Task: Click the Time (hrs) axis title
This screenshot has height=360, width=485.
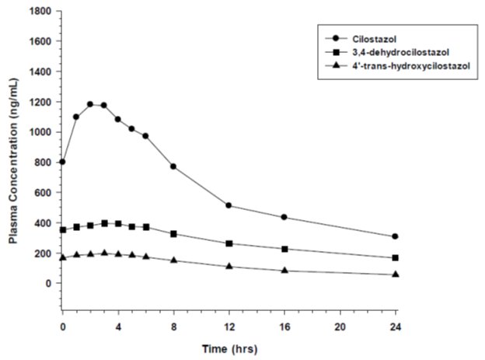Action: coord(230,347)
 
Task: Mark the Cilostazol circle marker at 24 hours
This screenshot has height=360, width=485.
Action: coord(396,236)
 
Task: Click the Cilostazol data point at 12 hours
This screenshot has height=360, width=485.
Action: coord(229,205)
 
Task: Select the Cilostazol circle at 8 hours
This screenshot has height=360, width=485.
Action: coord(173,166)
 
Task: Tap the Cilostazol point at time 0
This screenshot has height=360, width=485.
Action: coord(62,162)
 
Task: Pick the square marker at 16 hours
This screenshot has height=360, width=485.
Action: coord(284,249)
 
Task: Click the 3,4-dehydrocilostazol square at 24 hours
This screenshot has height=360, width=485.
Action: coord(396,257)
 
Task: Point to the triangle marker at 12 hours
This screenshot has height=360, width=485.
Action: coord(229,266)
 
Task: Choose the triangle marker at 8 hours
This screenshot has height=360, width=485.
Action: coord(173,260)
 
